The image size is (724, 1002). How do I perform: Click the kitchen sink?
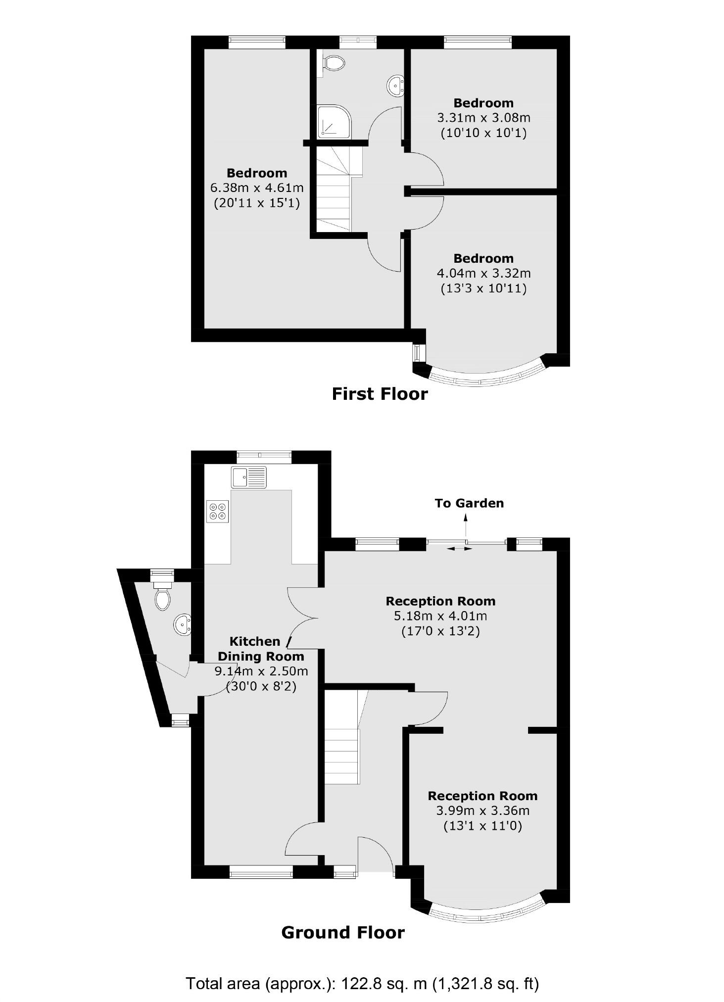[248, 477]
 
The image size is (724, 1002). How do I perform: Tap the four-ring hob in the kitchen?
[219, 511]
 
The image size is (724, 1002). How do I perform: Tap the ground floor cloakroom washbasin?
[182, 624]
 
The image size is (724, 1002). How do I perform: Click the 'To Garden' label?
[469, 503]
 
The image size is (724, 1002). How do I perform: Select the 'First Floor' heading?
[380, 394]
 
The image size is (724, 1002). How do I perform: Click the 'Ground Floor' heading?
[343, 933]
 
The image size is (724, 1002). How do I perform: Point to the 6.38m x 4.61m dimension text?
[257, 188]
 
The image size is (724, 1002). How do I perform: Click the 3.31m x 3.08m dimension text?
[483, 118]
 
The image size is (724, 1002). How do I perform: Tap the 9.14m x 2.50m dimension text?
[261, 671]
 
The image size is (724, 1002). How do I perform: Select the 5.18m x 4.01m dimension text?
[440, 616]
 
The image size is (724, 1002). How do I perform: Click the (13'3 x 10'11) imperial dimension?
[483, 288]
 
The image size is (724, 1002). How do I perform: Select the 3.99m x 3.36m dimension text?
[483, 811]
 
